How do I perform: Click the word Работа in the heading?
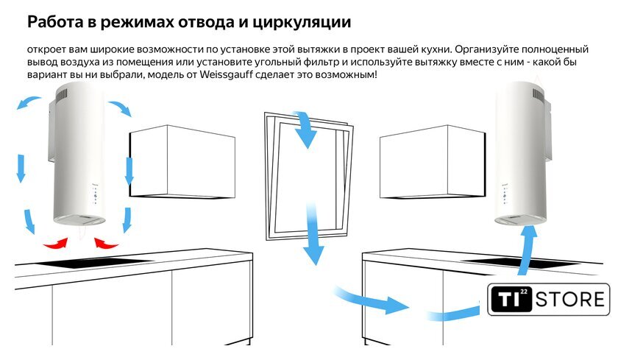pyautogui.click(x=55, y=21)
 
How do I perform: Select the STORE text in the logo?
pyautogui.click(x=570, y=300)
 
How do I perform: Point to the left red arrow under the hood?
pyautogui.click(x=56, y=243)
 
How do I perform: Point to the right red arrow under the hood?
pyautogui.click(x=106, y=243)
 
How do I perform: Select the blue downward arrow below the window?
pyautogui.click(x=313, y=235)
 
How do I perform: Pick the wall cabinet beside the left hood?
pyautogui.click(x=182, y=162)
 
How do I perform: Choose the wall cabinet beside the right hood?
pyautogui.click(x=433, y=162)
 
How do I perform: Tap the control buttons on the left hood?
pyautogui.click(x=96, y=196)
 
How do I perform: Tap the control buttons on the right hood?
pyautogui.click(x=505, y=196)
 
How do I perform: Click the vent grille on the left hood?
pyautogui.click(x=63, y=95)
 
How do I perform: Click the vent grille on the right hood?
pyautogui.click(x=539, y=95)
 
